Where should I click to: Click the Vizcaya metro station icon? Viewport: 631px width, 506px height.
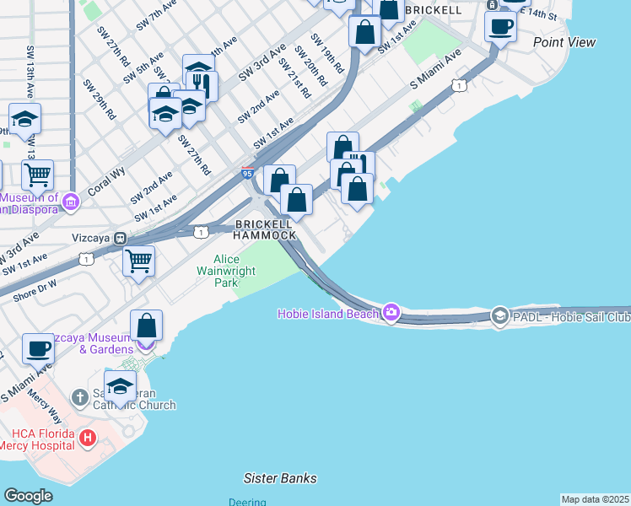pyautogui.click(x=121, y=239)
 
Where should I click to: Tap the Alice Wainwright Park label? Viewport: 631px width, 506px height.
pyautogui.click(x=216, y=272)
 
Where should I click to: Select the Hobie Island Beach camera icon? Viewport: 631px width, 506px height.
pyautogui.click(x=391, y=313)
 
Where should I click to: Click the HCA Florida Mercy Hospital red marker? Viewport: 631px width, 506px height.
pyautogui.click(x=88, y=439)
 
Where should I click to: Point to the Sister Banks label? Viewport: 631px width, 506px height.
pyautogui.click(x=280, y=478)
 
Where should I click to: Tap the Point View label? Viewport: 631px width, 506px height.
pyautogui.click(x=564, y=42)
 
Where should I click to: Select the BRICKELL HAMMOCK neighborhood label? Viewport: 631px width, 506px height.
pyautogui.click(x=266, y=229)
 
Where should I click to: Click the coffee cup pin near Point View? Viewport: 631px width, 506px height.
pyautogui.click(x=500, y=25)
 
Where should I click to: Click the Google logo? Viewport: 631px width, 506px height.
pyautogui.click(x=28, y=495)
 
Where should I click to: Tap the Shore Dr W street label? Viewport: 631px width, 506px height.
pyautogui.click(x=35, y=292)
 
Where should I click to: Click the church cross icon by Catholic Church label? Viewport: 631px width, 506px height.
pyautogui.click(x=79, y=397)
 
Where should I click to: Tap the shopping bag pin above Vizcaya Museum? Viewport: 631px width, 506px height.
pyautogui.click(x=146, y=325)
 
